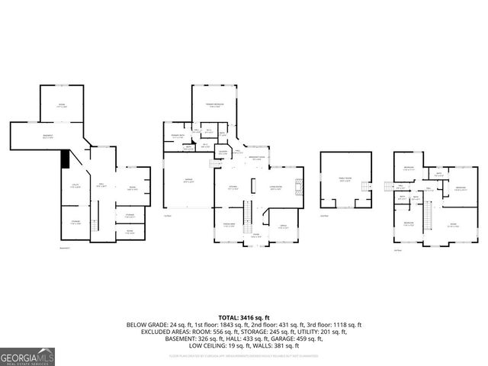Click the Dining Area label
228,224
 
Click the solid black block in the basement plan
66,159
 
